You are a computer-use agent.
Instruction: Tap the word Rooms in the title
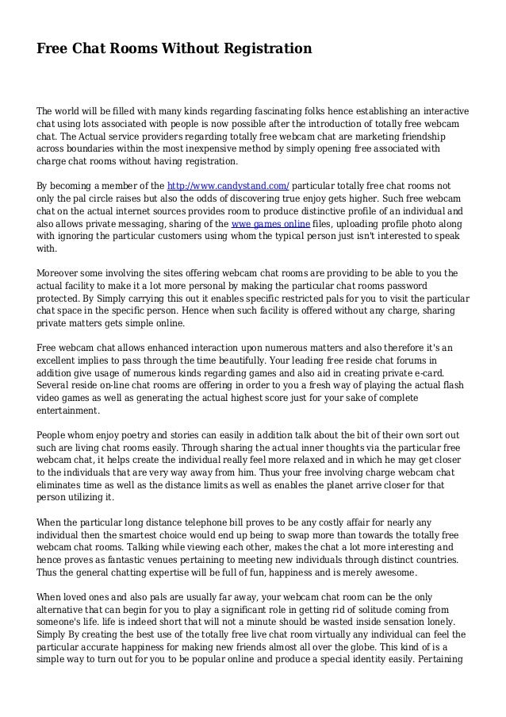[137, 49]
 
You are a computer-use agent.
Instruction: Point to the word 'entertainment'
[68, 411]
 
